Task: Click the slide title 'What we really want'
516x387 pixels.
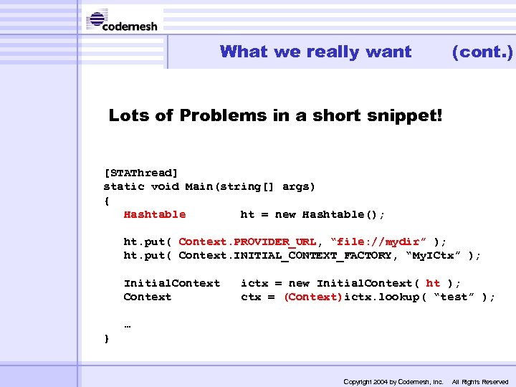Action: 315,52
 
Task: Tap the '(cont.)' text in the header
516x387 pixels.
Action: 482,52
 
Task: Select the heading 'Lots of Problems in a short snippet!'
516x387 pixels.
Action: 276,115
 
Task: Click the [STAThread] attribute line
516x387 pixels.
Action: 141,173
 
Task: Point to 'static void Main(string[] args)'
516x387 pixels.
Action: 209,186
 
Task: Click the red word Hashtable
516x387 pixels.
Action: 154,214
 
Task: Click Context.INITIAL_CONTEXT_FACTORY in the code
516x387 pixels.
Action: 285,256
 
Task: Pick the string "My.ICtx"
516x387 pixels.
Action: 432,256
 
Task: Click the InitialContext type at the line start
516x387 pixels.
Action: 171,283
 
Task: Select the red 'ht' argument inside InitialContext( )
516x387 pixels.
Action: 433,283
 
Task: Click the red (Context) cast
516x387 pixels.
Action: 313,297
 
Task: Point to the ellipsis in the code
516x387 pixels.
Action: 128,324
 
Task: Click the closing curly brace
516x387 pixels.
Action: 107,338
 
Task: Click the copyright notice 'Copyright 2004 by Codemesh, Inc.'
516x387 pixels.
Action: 393,382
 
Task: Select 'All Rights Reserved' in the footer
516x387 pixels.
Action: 479,382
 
